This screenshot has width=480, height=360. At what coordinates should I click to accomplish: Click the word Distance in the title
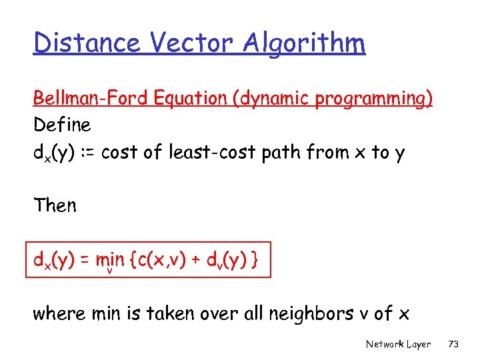pos(86,43)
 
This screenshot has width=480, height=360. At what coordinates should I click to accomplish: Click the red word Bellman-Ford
pos(92,99)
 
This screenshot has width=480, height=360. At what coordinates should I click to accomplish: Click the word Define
pos(62,125)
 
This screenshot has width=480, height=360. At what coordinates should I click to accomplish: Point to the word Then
pos(55,205)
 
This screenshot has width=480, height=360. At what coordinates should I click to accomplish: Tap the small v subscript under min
pos(108,270)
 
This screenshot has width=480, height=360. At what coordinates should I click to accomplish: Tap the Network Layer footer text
pos(398,345)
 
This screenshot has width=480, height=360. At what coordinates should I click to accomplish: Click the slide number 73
pos(454,345)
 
